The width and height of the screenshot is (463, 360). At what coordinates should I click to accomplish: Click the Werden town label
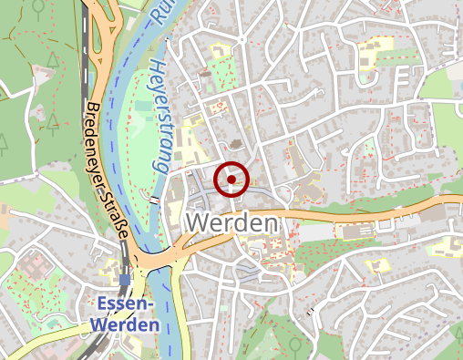(231, 223)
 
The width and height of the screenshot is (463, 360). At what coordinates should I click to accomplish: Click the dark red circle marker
(232, 180)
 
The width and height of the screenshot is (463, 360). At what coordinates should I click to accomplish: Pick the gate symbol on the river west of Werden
(155, 198)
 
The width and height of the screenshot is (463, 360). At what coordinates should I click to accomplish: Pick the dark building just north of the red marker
(237, 144)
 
